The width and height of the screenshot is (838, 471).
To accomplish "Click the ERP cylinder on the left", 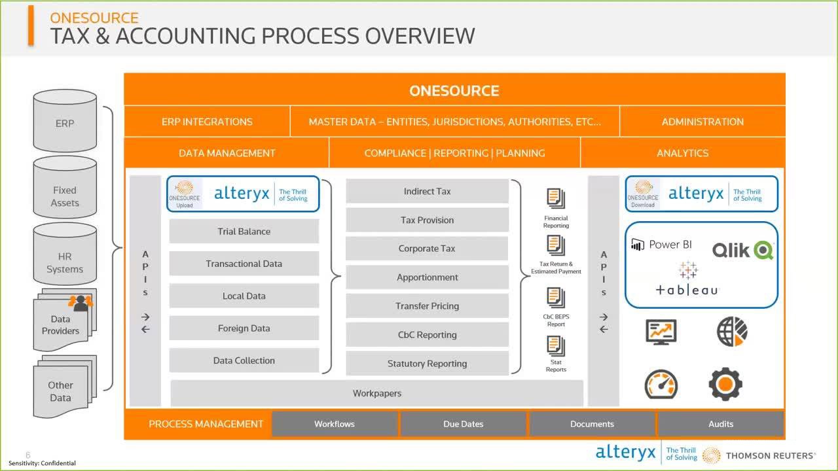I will (65, 123).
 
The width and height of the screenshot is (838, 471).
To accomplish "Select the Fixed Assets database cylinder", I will (65, 196).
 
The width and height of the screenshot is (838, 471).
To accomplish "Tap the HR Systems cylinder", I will (65, 262).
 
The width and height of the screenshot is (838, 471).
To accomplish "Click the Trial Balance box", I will (244, 232).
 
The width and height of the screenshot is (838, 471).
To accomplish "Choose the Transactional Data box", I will (244, 264).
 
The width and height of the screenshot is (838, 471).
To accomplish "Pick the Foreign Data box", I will (244, 328).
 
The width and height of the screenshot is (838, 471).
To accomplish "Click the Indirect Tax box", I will (427, 192).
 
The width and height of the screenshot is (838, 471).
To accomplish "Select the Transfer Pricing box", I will (427, 306).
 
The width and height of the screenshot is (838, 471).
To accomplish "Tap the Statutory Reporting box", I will (427, 364).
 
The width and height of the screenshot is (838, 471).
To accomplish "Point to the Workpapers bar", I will (376, 393).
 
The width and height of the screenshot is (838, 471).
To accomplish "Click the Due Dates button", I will (463, 424).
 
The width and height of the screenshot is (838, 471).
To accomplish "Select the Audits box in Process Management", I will (720, 424).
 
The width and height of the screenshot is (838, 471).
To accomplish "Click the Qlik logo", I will (742, 249).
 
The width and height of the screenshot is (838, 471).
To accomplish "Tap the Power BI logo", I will (661, 245).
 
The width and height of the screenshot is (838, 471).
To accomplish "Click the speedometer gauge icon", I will (661, 384).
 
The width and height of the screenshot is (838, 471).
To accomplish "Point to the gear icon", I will (725, 384).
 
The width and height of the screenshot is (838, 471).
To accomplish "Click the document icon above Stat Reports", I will (556, 346).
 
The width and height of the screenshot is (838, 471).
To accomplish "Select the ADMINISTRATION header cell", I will (702, 122).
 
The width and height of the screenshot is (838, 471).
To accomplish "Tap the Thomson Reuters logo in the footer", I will (759, 455).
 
